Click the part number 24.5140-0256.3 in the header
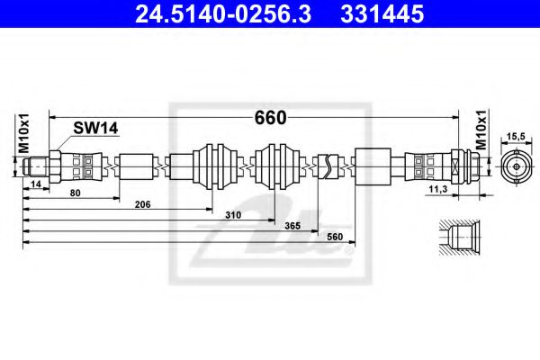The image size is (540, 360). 223,13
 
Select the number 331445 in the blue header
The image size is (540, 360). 382,13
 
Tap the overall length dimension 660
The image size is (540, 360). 270,118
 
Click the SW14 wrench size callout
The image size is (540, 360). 95,128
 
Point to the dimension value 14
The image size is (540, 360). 36,184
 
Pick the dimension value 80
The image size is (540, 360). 75,193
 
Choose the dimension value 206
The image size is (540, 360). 142,204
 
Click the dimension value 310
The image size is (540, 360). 233,215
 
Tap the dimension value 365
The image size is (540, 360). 292,226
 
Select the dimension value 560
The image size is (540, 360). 335,237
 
